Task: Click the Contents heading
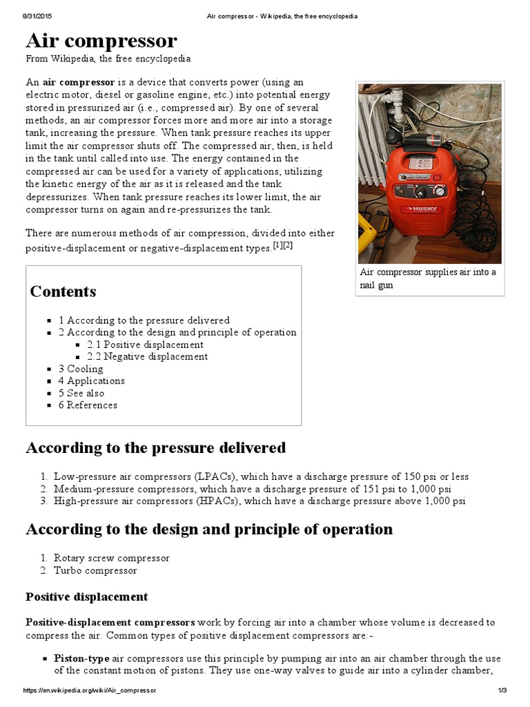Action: [63, 291]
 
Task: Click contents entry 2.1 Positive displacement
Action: [145, 345]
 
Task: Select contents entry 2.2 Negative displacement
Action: [147, 357]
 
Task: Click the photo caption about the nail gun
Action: [428, 278]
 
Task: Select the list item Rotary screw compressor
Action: [111, 558]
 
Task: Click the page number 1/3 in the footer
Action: [502, 690]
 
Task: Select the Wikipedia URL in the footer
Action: [90, 690]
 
